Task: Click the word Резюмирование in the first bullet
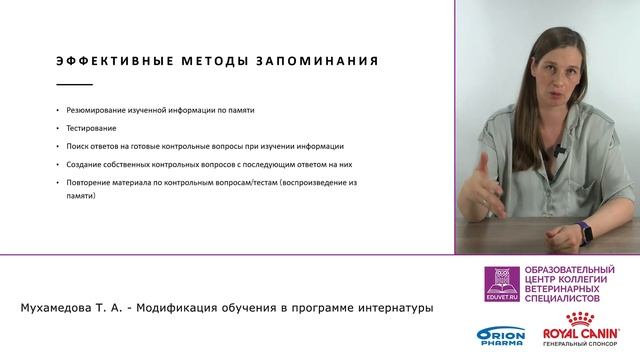pos(93,111)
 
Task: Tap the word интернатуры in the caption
pos(394,307)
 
